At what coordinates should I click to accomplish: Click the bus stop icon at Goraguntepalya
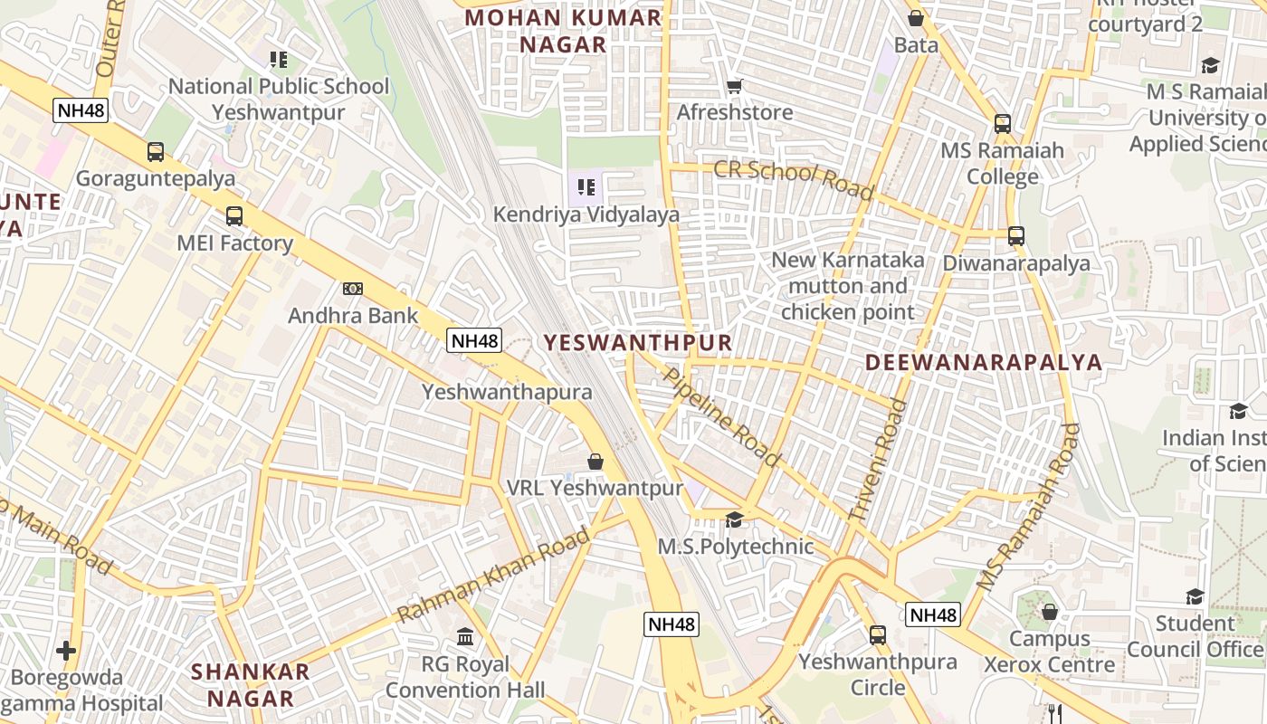pos(156,152)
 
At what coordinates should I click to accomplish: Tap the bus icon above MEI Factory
pos(234,216)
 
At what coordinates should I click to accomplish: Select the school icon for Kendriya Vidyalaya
pos(586,187)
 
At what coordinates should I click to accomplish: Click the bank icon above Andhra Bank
pos(353,289)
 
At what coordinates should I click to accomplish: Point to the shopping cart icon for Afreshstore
pos(735,87)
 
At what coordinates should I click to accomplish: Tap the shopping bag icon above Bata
pos(916,18)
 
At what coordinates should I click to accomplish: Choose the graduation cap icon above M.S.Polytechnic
pos(735,519)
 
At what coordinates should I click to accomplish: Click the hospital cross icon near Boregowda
pos(66,650)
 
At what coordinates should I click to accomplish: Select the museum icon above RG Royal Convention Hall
pos(465,637)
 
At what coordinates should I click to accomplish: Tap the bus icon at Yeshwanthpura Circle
pos(878,634)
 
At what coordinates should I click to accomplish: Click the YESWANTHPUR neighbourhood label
pos(637,342)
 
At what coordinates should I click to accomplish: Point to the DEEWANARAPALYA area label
pos(984,363)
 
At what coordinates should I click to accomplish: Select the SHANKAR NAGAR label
pos(251,685)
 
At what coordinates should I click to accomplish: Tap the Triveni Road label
pos(877,461)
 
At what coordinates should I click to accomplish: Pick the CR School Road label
pos(794,179)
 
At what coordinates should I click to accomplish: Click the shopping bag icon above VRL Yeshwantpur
pos(595,462)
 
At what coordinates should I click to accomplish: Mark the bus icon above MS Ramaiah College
pos(1003,124)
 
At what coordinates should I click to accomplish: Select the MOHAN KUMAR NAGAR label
pos(563,31)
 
